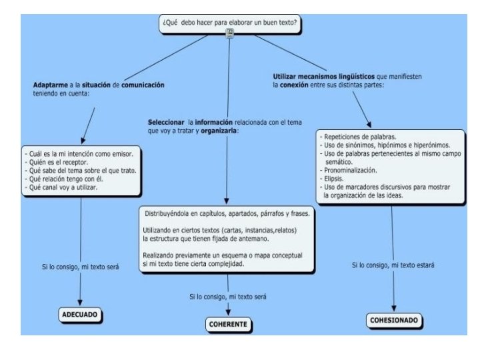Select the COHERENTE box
click(227, 325)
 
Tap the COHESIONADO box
click(394, 321)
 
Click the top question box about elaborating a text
click(230, 22)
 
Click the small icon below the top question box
click(230, 33)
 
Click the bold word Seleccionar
click(166, 123)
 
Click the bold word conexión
click(293, 85)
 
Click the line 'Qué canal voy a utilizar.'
click(61, 187)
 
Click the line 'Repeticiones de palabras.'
click(359, 135)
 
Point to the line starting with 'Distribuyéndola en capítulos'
click(227, 215)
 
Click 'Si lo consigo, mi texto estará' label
click(393, 265)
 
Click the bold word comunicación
click(143, 85)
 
